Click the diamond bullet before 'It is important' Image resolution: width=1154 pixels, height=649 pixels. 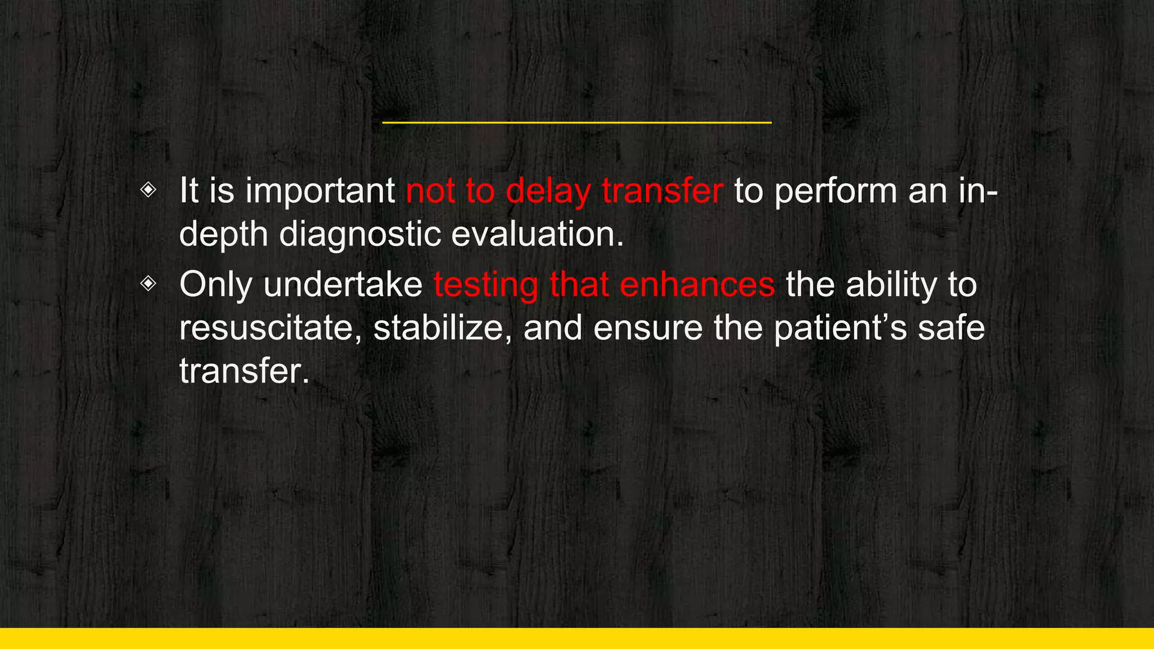(x=148, y=190)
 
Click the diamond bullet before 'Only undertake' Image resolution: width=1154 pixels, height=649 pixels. (x=148, y=283)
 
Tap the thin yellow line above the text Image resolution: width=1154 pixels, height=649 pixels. (x=576, y=122)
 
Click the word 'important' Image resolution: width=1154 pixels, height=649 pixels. (x=320, y=192)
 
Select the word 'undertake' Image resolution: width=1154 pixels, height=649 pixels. (x=343, y=285)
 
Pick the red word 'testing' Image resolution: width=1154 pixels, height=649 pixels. (x=486, y=286)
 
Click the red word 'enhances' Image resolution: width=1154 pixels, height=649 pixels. (x=697, y=285)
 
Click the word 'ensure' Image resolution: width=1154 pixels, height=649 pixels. (x=647, y=328)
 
